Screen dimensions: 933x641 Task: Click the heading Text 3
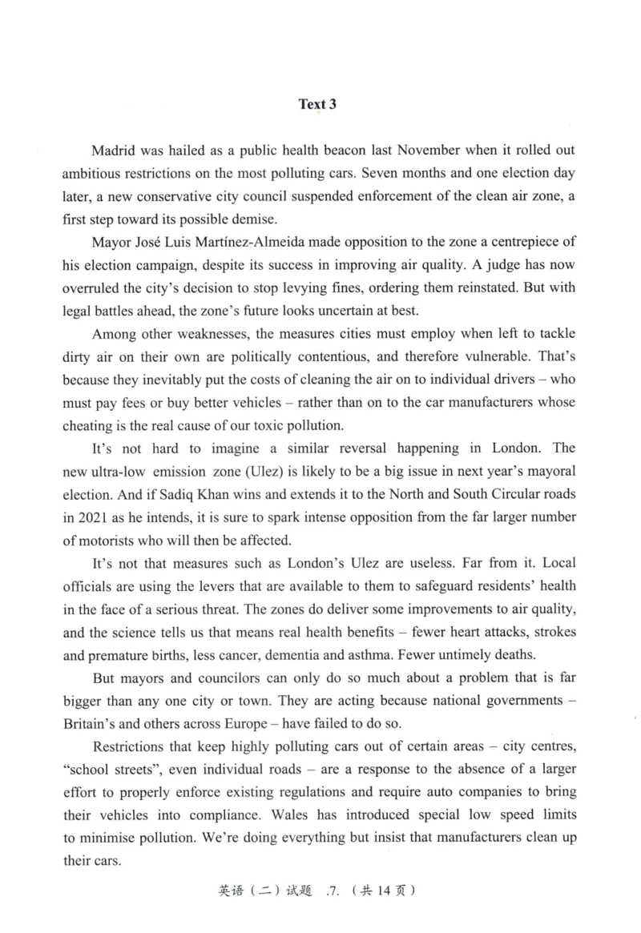tap(317, 104)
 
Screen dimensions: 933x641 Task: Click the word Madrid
tap(115, 151)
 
